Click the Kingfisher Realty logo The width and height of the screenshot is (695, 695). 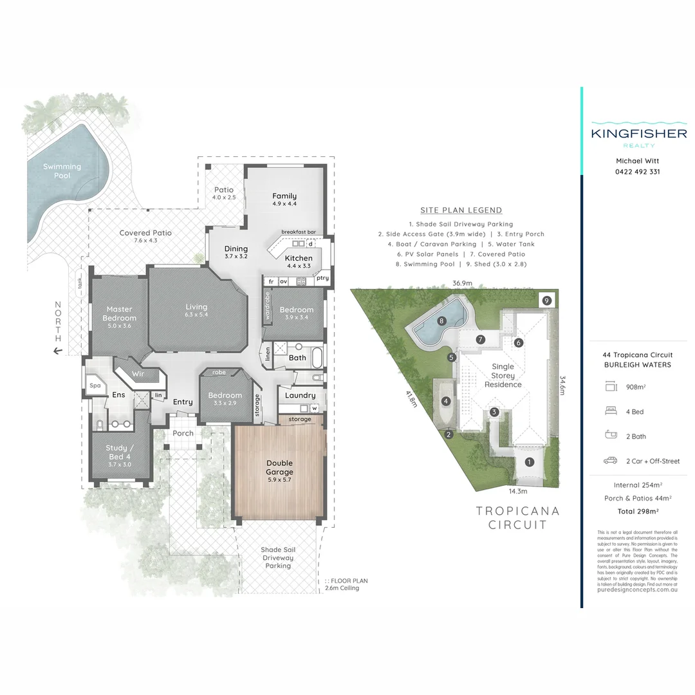click(638, 134)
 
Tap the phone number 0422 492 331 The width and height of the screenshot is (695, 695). click(638, 172)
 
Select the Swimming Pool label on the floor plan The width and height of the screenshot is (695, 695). click(62, 171)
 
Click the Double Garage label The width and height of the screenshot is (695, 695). click(279, 467)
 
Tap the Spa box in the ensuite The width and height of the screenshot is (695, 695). click(95, 386)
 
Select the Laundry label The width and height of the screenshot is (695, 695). click(301, 395)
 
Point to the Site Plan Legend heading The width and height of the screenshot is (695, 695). click(461, 210)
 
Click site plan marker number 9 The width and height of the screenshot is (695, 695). click(546, 300)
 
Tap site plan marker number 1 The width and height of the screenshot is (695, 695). click(529, 462)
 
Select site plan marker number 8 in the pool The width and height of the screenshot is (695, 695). click(441, 320)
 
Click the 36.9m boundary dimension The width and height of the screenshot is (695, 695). click(462, 283)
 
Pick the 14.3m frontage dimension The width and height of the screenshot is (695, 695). click(517, 492)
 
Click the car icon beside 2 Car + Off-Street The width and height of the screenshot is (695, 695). click(610, 461)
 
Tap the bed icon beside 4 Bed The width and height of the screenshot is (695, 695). click(610, 411)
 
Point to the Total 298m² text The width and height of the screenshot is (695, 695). click(638, 511)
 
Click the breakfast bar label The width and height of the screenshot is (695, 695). click(299, 232)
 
